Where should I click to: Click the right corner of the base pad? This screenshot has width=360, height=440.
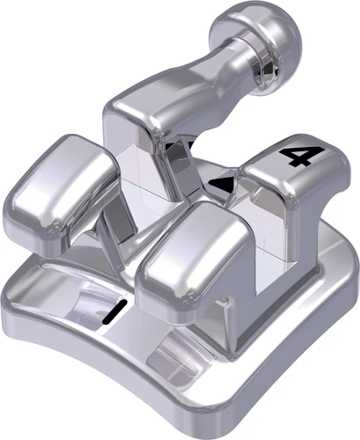339,264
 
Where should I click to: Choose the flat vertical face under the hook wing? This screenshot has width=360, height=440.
141,176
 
